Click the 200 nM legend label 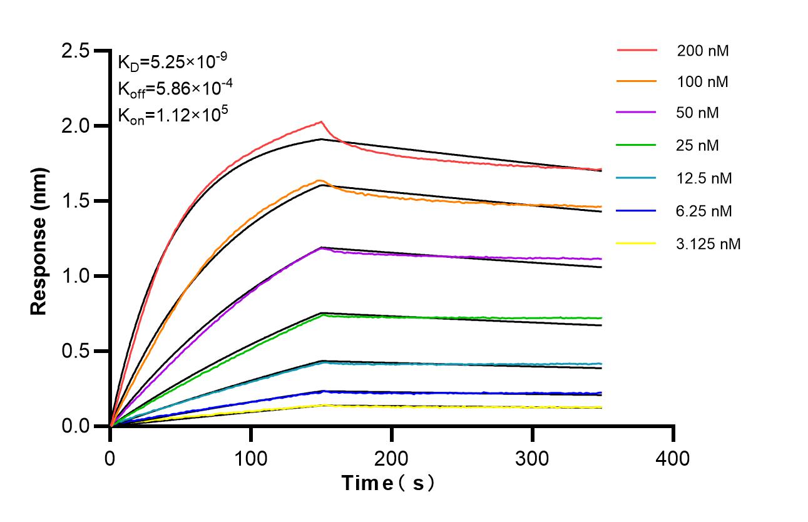click(702, 51)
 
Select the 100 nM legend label click(702, 81)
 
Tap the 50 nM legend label click(698, 113)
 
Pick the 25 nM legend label click(698, 146)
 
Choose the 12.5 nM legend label click(704, 178)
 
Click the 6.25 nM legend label click(704, 211)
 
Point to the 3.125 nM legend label click(708, 243)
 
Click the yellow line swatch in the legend click(637, 243)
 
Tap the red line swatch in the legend click(637, 49)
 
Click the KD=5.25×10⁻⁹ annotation click(172, 61)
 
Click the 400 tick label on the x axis click(673, 458)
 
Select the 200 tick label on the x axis click(391, 458)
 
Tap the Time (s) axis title click(387, 483)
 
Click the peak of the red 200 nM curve click(321, 121)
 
